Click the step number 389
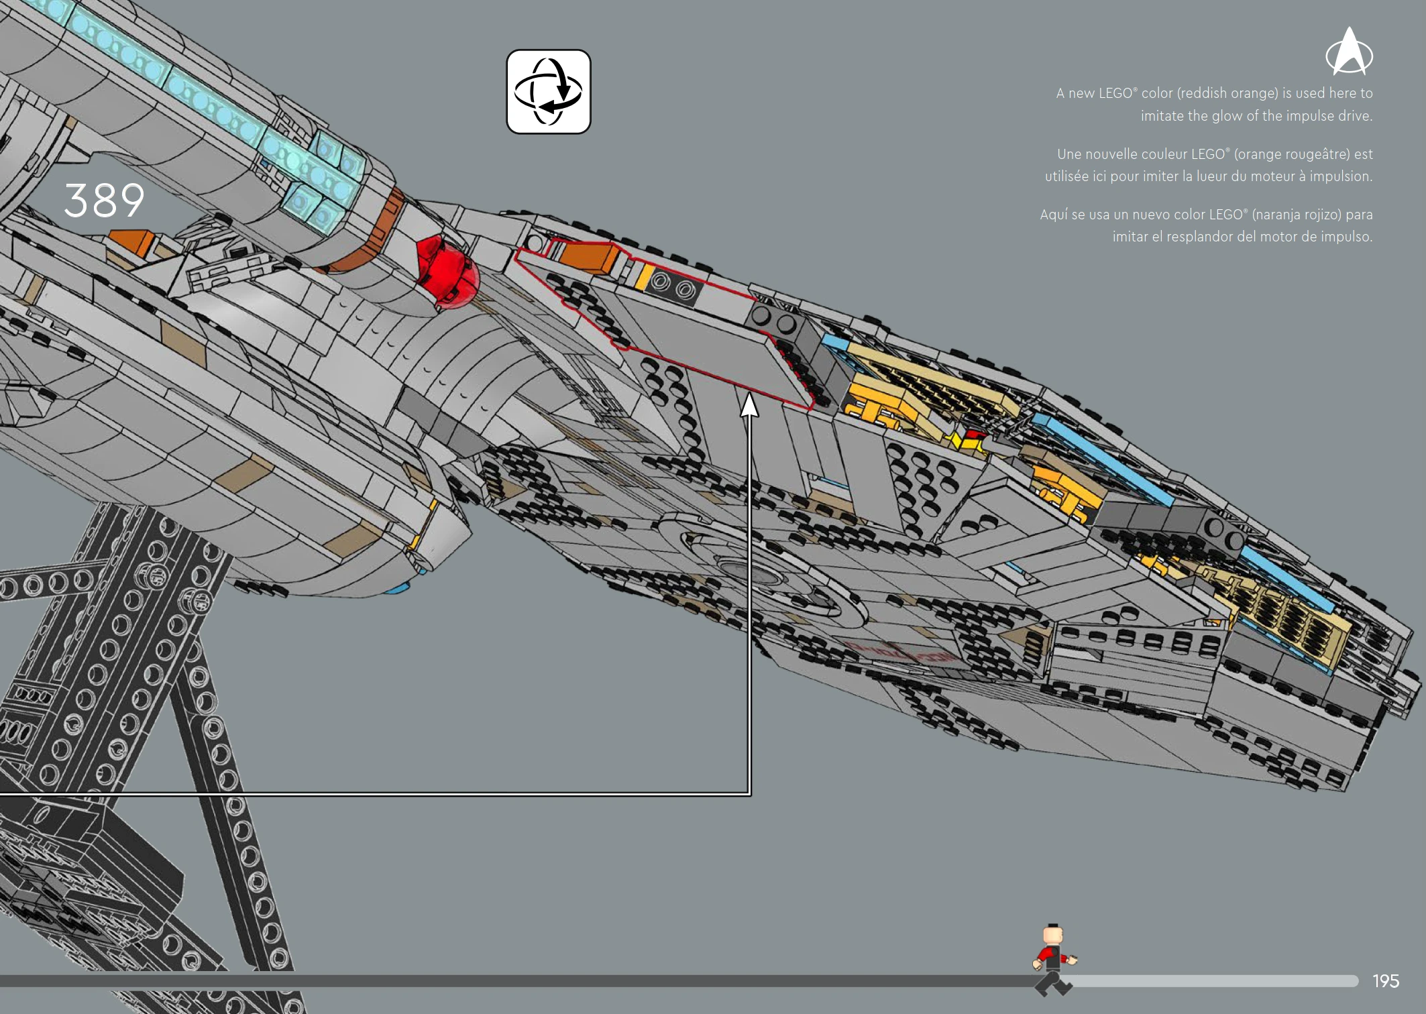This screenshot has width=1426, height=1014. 104,200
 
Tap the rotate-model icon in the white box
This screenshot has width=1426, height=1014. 548,92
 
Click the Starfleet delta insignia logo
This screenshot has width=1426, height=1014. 1349,52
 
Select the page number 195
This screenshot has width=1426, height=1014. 1386,981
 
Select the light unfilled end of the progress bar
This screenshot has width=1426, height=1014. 1214,981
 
